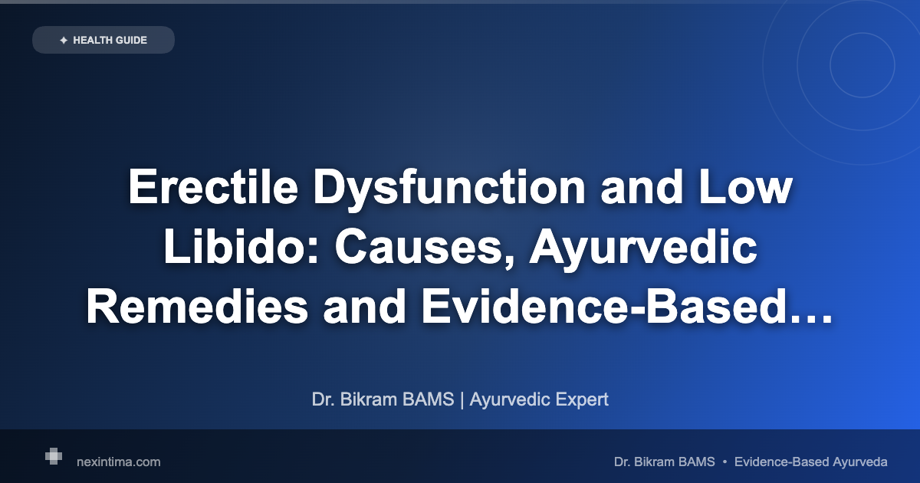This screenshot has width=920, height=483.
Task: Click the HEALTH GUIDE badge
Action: tap(103, 40)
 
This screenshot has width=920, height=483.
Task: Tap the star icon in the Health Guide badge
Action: tap(63, 40)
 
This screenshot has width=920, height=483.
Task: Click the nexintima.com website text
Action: tap(119, 462)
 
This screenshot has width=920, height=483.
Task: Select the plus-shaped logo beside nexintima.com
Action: tap(53, 456)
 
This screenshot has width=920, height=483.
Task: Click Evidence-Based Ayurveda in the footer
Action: tap(810, 462)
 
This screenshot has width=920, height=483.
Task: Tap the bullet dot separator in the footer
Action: tap(724, 462)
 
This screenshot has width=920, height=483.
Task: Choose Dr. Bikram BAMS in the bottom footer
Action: tap(664, 462)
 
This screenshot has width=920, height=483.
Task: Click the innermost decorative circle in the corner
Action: tap(863, 65)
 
